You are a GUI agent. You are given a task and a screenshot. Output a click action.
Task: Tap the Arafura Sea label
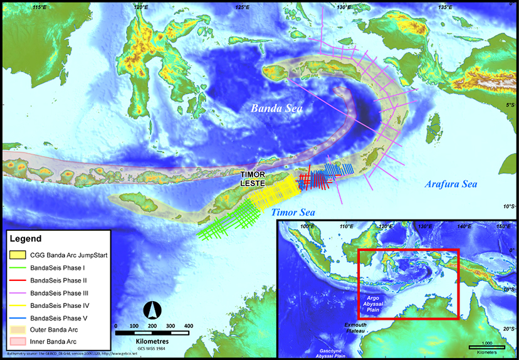[451, 184]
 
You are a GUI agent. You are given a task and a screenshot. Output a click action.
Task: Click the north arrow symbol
[150, 309]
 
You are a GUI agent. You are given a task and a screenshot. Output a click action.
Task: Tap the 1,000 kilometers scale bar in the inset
[487, 346]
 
